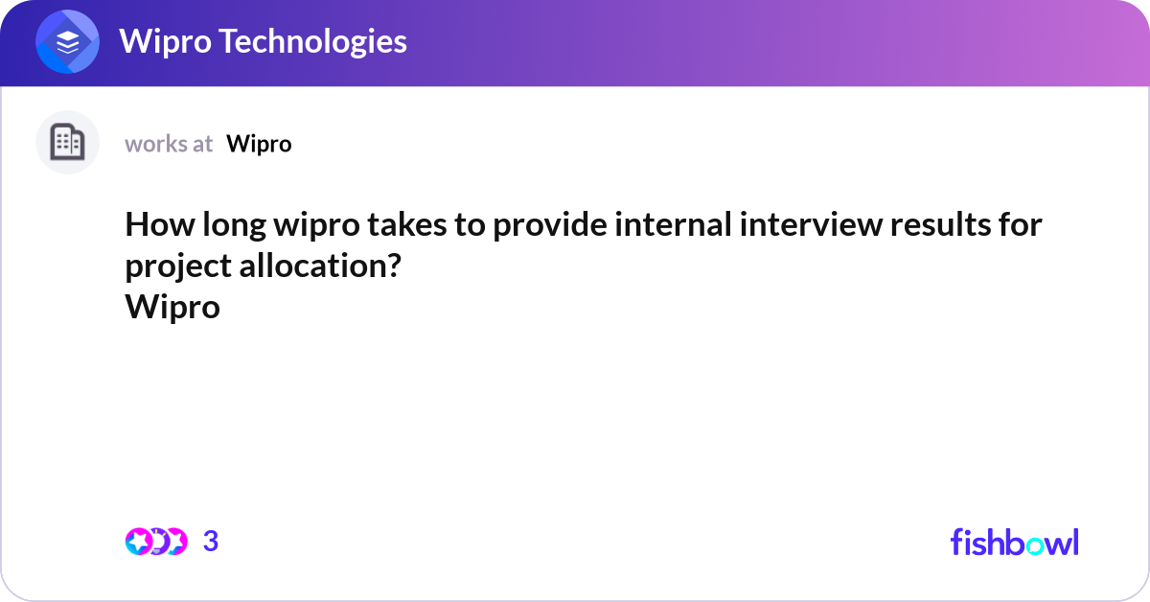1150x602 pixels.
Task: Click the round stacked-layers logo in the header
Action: pos(68,42)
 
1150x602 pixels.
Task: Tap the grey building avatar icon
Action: pos(67,143)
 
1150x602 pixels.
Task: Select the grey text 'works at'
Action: pos(169,144)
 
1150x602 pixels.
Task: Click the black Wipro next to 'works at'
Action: pos(259,144)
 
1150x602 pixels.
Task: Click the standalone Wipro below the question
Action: pos(172,308)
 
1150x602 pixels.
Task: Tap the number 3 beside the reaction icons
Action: pos(211,542)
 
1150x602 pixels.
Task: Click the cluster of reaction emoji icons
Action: pos(155,542)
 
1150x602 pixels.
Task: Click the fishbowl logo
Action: pos(1014,542)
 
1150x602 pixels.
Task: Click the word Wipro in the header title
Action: pos(158,41)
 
